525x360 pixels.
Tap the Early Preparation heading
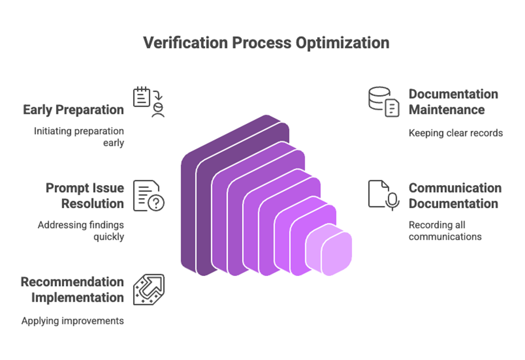coord(73,110)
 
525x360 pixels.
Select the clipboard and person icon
coord(149,101)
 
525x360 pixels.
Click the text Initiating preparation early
coord(79,137)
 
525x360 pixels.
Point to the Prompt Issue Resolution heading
coord(85,196)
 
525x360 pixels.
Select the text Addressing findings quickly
coord(81,231)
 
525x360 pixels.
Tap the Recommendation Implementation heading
coord(72,290)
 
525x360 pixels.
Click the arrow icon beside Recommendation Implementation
coord(149,290)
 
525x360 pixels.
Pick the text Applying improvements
coord(73,321)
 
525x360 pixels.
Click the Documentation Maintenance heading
coord(453,102)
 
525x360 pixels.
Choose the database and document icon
coord(384,102)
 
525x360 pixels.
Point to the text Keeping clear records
coord(456,132)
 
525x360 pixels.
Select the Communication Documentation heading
coord(454,196)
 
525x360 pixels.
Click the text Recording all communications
coord(445,231)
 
